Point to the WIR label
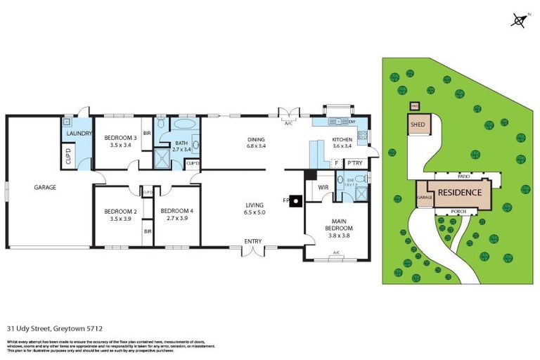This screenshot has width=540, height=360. coord(324,187)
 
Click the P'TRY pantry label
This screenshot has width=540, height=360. coord(354,164)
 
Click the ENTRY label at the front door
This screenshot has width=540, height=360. coord(253,241)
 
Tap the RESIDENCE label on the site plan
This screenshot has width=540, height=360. coord(460,193)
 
